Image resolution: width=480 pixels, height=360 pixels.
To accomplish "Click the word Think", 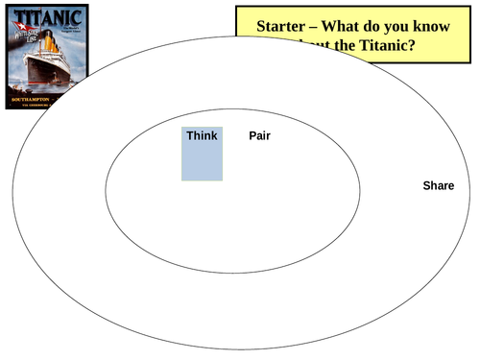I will point(202,135).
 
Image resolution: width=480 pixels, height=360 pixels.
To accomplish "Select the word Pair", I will point(259,135).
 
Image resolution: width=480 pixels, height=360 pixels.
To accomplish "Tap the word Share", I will point(438,185).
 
